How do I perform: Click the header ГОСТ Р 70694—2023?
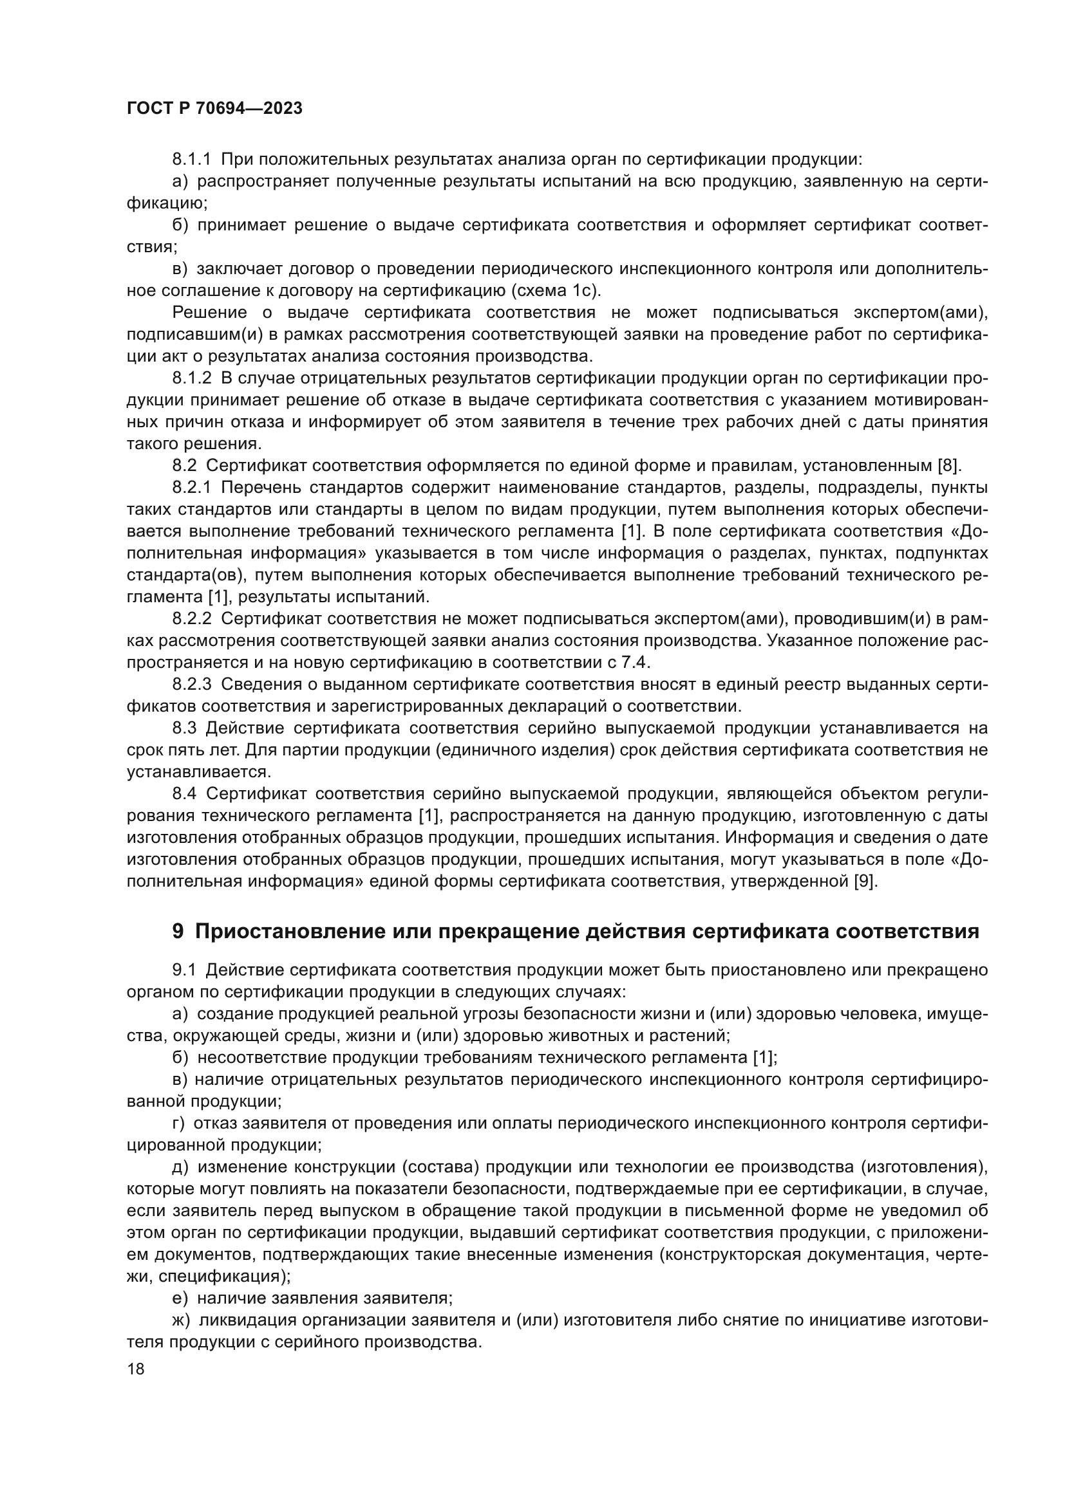tap(214, 109)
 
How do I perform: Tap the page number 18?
tap(136, 1369)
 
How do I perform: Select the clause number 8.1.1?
tap(191, 160)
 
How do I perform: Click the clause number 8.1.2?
tap(191, 378)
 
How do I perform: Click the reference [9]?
tap(865, 882)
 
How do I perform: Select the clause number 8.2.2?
tap(191, 619)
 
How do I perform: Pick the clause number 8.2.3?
tap(191, 685)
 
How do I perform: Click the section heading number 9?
tap(178, 932)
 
